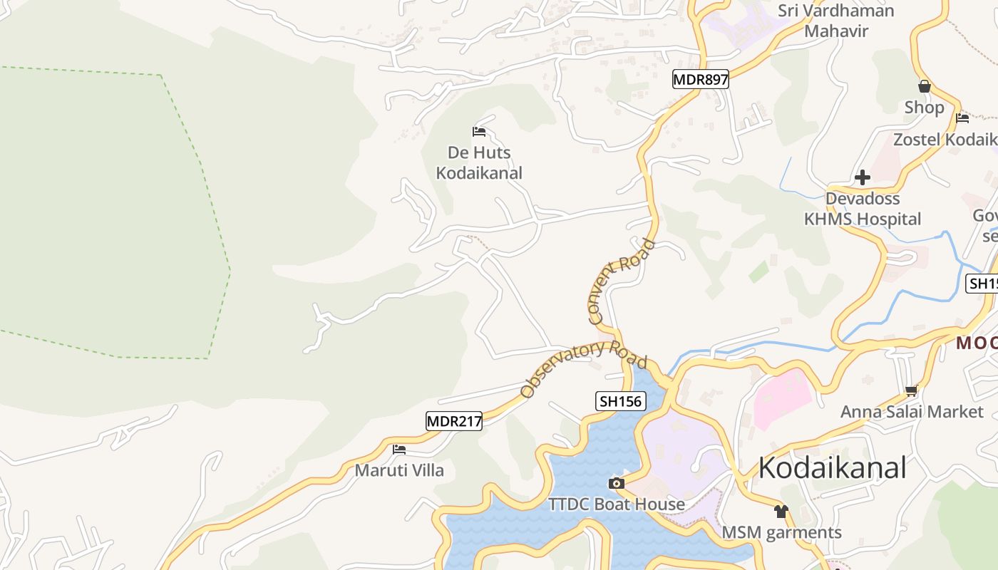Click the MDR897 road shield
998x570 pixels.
pyautogui.click(x=701, y=79)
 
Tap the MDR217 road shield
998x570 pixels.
pyautogui.click(x=454, y=421)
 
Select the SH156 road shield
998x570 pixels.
pyautogui.click(x=621, y=401)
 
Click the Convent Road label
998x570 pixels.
pyautogui.click(x=621, y=281)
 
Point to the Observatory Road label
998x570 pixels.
pyautogui.click(x=583, y=368)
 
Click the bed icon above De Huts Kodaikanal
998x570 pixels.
pyautogui.click(x=479, y=132)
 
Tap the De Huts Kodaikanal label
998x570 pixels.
pyautogui.click(x=479, y=162)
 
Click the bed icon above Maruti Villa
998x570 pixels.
pyautogui.click(x=399, y=450)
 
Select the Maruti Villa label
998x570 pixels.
pyautogui.click(x=399, y=470)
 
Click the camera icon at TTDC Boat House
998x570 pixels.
pyautogui.click(x=617, y=484)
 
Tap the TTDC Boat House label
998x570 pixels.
pyautogui.click(x=617, y=504)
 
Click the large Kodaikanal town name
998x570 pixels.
pyautogui.click(x=832, y=468)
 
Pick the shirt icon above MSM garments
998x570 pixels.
pyautogui.click(x=781, y=512)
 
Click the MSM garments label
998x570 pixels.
pyautogui.click(x=781, y=532)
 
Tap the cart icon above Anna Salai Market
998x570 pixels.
pyautogui.click(x=911, y=390)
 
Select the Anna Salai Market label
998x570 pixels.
pyautogui.click(x=912, y=412)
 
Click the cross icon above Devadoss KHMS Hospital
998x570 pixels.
pyautogui.click(x=863, y=177)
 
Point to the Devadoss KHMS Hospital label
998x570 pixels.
pyautogui.click(x=863, y=209)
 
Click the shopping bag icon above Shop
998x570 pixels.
pyautogui.click(x=925, y=87)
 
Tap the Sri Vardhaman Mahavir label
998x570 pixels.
pyautogui.click(x=836, y=21)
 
